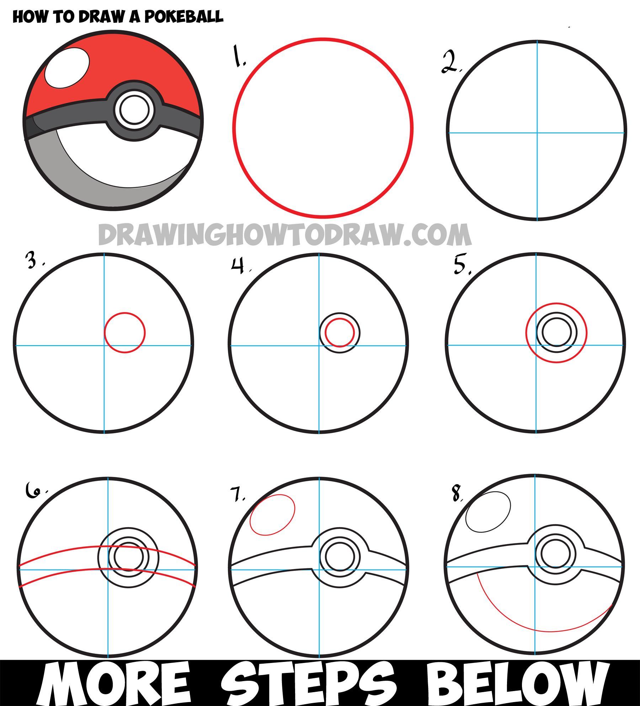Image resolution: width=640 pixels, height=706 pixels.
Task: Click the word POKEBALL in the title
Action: [184, 17]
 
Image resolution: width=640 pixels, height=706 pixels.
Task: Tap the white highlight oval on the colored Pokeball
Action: [67, 68]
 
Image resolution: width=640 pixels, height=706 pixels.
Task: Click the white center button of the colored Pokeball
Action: [134, 110]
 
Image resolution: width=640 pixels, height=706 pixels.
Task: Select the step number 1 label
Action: [239, 56]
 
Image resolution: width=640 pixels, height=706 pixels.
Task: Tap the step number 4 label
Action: [238, 265]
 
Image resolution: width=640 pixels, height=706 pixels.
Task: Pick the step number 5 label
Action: [460, 264]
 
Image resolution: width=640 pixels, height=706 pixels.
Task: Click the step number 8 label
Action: [456, 493]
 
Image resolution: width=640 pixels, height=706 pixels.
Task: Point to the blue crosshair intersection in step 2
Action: [537, 133]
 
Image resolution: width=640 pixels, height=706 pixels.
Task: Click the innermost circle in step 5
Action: [556, 333]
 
